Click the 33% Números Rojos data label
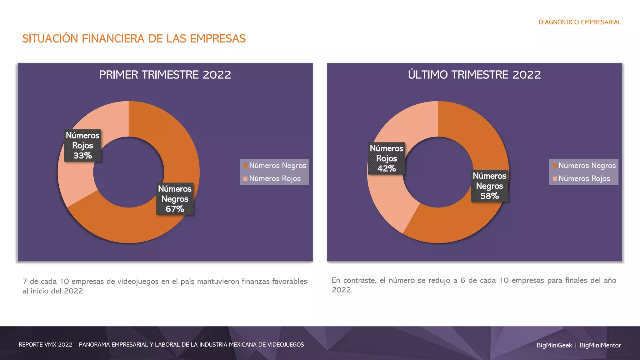click(x=82, y=146)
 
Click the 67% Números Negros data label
click(x=175, y=199)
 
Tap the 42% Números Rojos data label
click(x=386, y=158)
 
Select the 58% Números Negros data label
click(x=489, y=186)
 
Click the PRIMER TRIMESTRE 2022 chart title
click(x=165, y=75)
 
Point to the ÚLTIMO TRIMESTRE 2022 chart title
click(x=474, y=75)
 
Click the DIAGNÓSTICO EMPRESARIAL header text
click(x=580, y=22)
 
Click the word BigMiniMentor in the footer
click(x=600, y=345)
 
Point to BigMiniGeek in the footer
click(x=554, y=345)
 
